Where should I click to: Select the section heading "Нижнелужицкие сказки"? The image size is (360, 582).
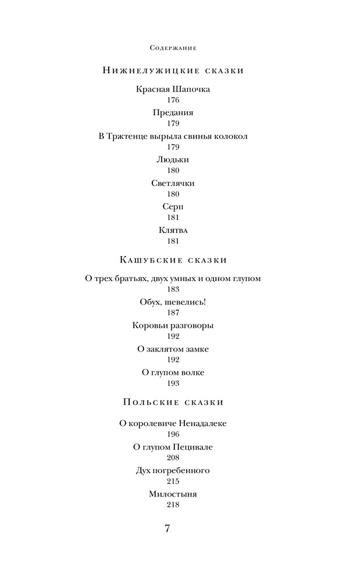pos(173,70)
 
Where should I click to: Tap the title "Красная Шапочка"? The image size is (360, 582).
pos(173,90)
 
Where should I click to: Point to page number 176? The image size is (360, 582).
pos(173,100)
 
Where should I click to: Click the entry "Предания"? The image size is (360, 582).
pos(173,113)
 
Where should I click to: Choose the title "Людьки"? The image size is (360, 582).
pos(173,159)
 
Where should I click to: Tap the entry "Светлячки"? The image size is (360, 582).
pos(173,183)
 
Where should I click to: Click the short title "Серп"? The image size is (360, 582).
pos(173,207)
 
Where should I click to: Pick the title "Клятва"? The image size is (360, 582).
pos(173,230)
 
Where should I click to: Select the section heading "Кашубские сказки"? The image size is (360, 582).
pos(173,260)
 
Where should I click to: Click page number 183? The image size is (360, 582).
pos(173,289)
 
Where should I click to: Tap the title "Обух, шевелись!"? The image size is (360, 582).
pos(173,302)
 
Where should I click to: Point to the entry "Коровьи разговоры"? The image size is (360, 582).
pos(173,325)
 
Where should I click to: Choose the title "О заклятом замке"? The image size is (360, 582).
pos(173,349)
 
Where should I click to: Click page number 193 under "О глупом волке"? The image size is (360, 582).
pos(173,383)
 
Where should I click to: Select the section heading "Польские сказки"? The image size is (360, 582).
pos(173,402)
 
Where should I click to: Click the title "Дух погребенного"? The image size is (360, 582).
pos(173,470)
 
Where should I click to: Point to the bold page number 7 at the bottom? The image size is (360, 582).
pos(167,528)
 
